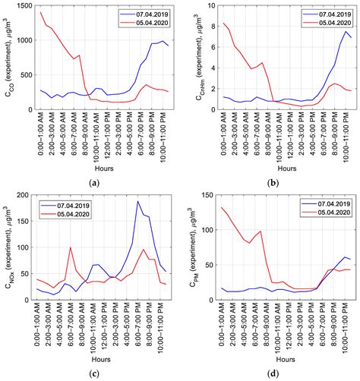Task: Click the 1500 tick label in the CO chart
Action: coord(23,6)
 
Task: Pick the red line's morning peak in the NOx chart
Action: coord(71,247)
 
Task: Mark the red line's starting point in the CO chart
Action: coord(41,12)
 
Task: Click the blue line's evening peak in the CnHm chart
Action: coord(346,31)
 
